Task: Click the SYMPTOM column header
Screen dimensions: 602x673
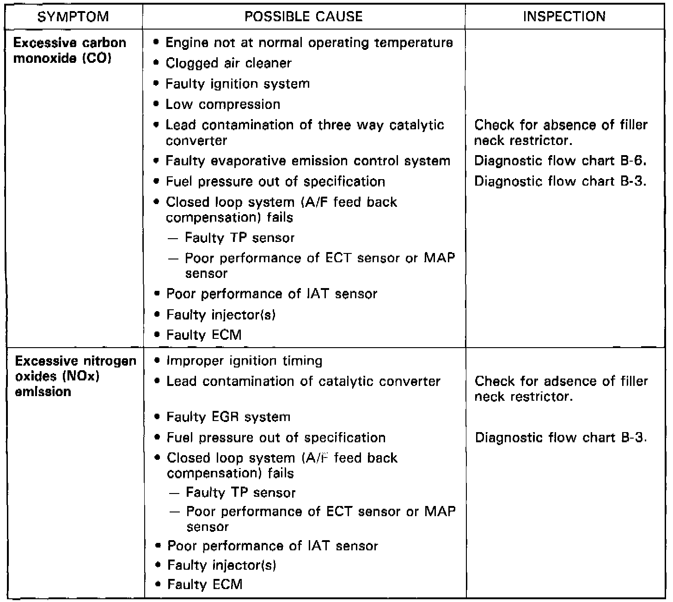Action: [73, 17]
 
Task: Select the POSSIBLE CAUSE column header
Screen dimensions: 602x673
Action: [304, 17]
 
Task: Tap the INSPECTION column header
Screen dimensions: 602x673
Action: [564, 17]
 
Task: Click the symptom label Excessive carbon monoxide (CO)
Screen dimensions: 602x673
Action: [69, 51]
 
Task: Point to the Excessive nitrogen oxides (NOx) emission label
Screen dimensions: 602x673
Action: [75, 376]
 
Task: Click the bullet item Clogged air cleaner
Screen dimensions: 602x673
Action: [228, 63]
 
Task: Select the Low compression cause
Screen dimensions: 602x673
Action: [223, 104]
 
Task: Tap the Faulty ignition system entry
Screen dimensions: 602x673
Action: [238, 84]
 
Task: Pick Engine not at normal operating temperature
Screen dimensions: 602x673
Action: [309, 43]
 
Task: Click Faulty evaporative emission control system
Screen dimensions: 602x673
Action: [308, 161]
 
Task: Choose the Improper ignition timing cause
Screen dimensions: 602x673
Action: [245, 361]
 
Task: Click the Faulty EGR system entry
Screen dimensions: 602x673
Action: [228, 417]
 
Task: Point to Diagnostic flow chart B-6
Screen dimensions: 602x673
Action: [560, 161]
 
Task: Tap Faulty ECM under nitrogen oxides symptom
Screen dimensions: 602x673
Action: [204, 584]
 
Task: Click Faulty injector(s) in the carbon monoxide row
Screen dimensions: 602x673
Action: [221, 315]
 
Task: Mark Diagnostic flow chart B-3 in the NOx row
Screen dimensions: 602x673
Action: [560, 438]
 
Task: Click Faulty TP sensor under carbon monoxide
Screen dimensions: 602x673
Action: [239, 238]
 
